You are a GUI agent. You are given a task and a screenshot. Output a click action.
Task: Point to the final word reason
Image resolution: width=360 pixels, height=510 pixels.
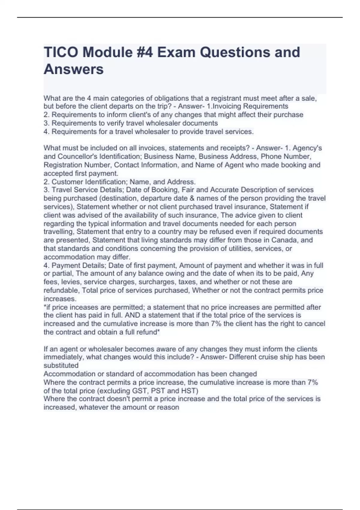click(x=168, y=407)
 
